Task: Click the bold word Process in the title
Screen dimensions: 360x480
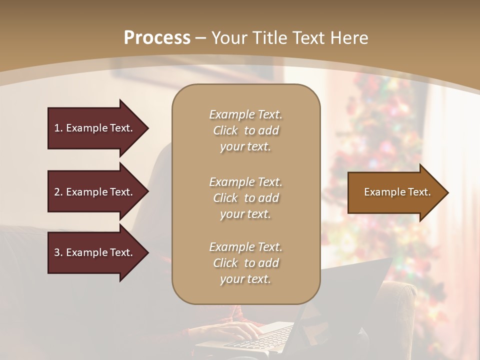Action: pyautogui.click(x=157, y=38)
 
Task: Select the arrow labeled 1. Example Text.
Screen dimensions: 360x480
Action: pyautogui.click(x=95, y=128)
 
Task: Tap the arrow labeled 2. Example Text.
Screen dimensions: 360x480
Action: pyautogui.click(x=95, y=192)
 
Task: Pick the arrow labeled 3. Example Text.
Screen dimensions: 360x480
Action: pyautogui.click(x=95, y=252)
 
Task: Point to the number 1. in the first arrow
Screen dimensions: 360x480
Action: pyautogui.click(x=58, y=128)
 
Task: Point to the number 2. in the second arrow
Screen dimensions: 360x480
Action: pyautogui.click(x=58, y=192)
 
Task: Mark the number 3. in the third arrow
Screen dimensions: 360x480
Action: pyautogui.click(x=58, y=252)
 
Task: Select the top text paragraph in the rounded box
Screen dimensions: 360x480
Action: pyautogui.click(x=245, y=130)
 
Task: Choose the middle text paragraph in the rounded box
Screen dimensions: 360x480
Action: pyautogui.click(x=245, y=197)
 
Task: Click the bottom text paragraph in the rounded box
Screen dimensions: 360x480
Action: pyautogui.click(x=245, y=263)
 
